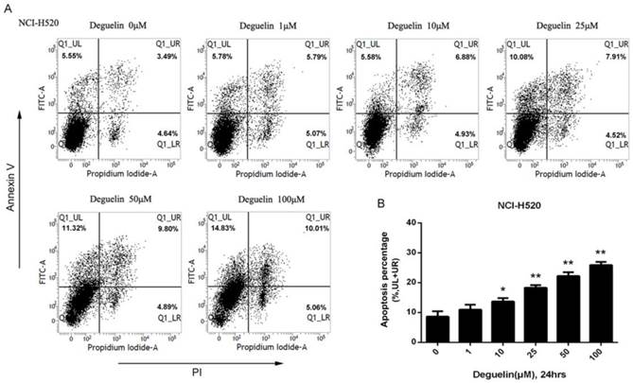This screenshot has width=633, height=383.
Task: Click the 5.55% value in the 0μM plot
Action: coord(72,56)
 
